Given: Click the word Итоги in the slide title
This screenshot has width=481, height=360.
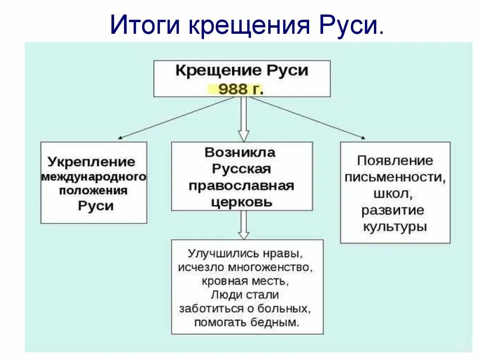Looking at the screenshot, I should (146, 24).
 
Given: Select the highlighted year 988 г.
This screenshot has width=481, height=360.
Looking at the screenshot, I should (240, 89).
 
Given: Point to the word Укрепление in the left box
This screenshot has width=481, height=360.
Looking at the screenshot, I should (91, 162).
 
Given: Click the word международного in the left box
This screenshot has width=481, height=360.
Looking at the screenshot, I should (93, 177).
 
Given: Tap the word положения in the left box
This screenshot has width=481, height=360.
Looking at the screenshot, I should (93, 191).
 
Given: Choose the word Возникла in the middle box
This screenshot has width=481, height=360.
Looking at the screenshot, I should (240, 153).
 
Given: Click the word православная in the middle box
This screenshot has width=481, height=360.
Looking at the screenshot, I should (241, 186).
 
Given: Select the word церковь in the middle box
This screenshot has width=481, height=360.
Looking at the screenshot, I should (241, 202).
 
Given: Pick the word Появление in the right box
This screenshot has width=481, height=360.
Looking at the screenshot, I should (395, 161).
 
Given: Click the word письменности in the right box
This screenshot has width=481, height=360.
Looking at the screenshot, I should (395, 177).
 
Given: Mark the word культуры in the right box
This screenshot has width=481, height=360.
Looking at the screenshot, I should (395, 227).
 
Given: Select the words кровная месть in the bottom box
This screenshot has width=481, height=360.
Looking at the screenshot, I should (244, 281).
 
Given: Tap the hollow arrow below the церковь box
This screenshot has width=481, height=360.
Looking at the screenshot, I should (242, 225).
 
